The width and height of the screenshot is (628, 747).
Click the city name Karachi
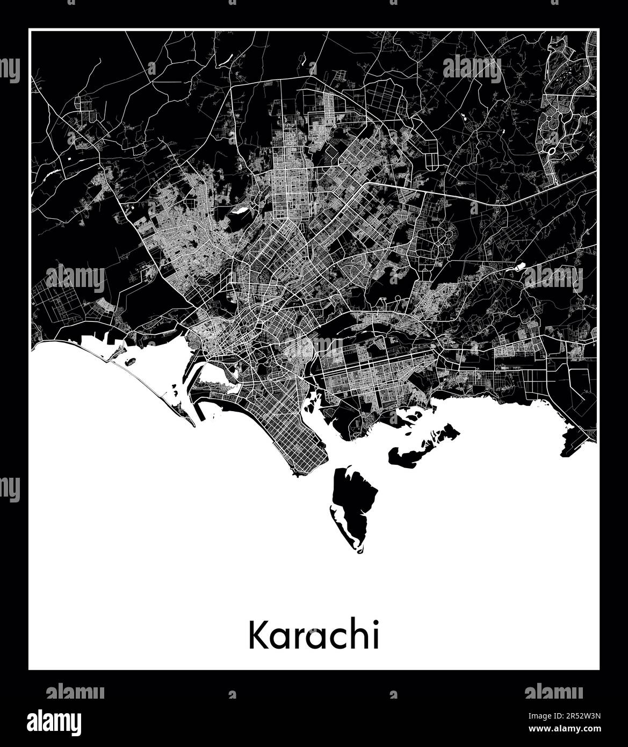tap(313, 636)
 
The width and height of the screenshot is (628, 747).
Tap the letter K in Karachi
tap(257, 636)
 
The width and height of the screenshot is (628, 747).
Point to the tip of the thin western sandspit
tap(193, 425)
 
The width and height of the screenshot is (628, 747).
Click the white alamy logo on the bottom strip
tap(62, 720)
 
